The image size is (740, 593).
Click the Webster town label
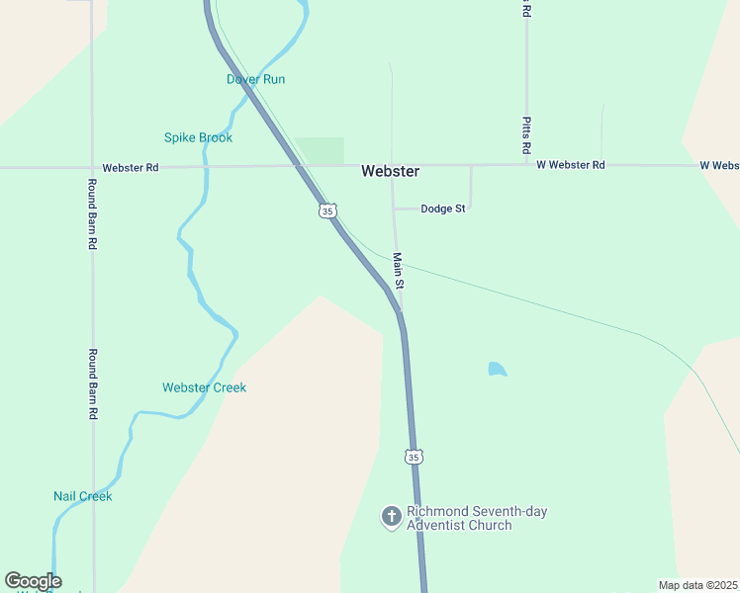point(390,171)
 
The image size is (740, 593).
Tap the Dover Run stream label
point(255,79)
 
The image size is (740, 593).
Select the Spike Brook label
point(198,137)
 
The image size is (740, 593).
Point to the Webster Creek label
point(204,387)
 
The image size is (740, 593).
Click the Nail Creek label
point(83,496)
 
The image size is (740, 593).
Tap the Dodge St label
point(442,209)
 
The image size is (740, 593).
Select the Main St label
point(398,271)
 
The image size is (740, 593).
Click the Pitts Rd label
point(527,134)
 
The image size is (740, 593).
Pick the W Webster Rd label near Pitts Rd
point(570,165)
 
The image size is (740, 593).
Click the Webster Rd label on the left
point(131,168)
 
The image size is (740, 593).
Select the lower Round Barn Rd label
point(92,384)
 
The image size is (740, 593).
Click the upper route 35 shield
point(328,211)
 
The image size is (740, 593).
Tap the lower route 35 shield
point(414,457)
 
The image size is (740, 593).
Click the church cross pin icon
point(391,516)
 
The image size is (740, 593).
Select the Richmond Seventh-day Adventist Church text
point(476,518)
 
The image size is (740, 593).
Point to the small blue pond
point(497,370)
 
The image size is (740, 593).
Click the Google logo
point(33,581)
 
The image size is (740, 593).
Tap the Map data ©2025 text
point(698,585)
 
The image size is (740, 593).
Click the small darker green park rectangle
point(320,150)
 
